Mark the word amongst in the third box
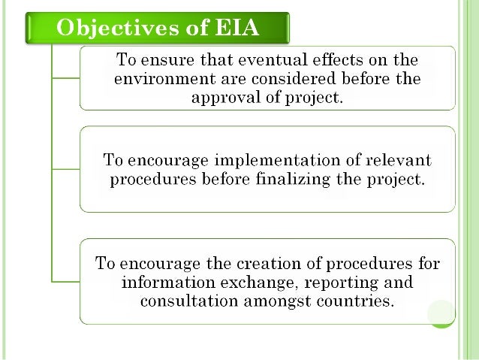[x=273, y=303]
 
